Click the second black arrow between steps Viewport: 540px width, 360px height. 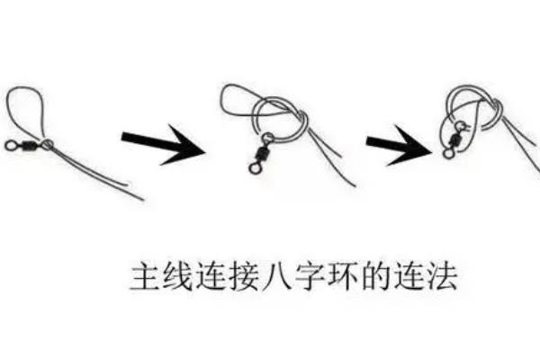coord(400,146)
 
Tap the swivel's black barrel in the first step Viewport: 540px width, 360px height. coord(29,145)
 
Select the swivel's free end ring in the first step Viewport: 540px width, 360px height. coord(10,146)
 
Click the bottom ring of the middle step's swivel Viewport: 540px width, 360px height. coord(255,168)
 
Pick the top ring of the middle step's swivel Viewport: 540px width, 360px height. coord(267,139)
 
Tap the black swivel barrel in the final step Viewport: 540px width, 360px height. coord(454,139)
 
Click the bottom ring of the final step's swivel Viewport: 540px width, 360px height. coord(448,153)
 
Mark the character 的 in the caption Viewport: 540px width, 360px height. coord(376,276)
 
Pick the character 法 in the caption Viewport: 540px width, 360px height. coord(443,276)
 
